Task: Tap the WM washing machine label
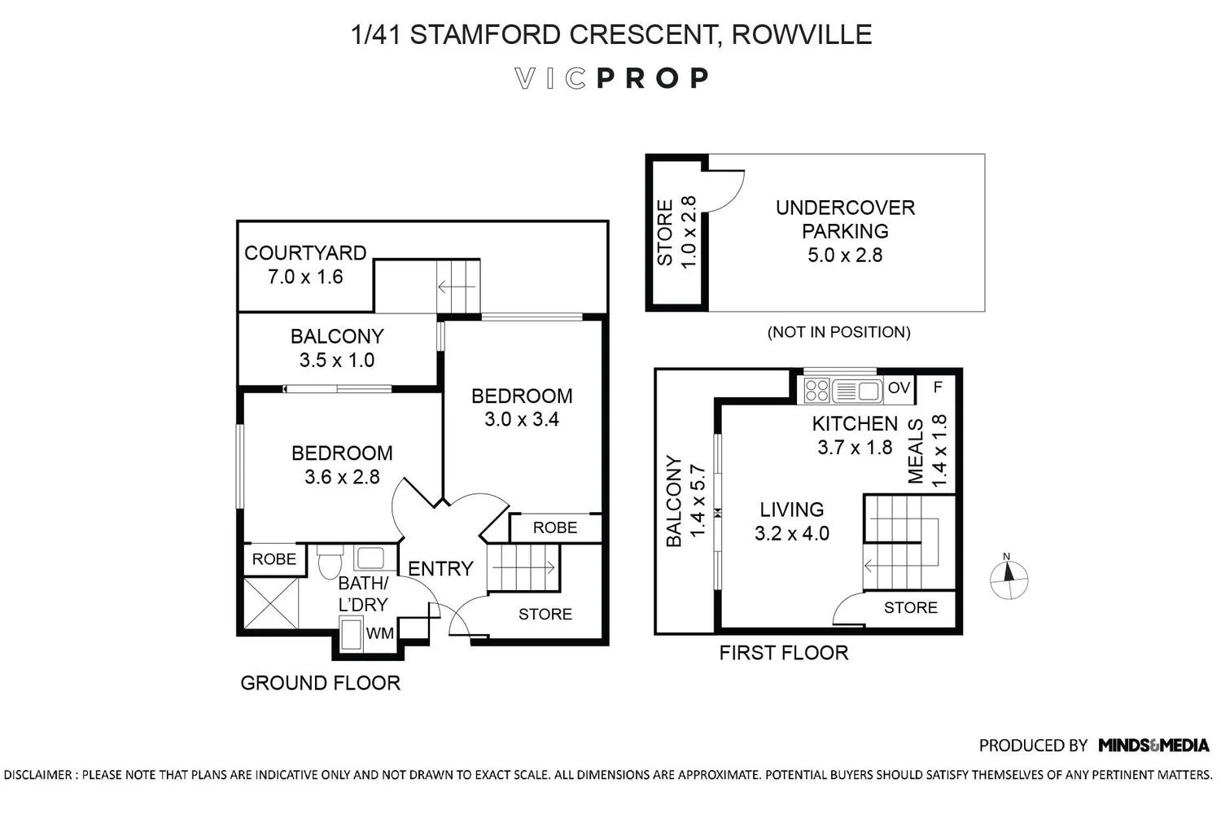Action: click(x=379, y=633)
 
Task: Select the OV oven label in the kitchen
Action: click(x=899, y=387)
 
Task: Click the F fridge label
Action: click(x=938, y=387)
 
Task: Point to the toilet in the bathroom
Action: click(x=329, y=562)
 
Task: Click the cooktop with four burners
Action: click(x=816, y=391)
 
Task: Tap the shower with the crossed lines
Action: click(x=271, y=603)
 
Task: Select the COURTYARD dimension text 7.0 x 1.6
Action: click(x=305, y=277)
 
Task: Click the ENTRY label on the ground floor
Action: click(x=440, y=569)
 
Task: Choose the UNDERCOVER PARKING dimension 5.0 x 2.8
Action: click(x=845, y=255)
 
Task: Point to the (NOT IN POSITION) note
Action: click(x=839, y=332)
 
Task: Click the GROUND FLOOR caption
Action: click(x=321, y=683)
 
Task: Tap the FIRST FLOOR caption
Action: click(x=784, y=653)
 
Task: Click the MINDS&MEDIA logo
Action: click(x=1153, y=745)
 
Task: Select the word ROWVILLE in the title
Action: click(x=801, y=34)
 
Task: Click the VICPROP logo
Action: click(x=611, y=78)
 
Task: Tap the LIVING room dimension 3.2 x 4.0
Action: click(x=792, y=533)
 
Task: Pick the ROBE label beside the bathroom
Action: click(x=274, y=559)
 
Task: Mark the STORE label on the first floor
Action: click(x=911, y=607)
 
